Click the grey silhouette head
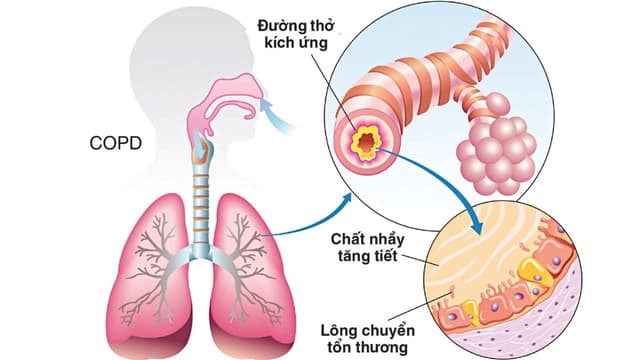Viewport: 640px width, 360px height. pyautogui.click(x=180, y=60)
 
